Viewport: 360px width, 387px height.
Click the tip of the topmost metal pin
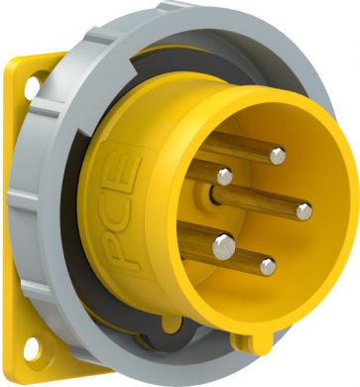(278, 156)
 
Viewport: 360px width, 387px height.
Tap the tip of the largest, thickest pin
(224, 246)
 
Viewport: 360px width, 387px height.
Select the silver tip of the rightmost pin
(304, 211)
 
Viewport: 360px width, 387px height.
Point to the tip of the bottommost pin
(268, 267)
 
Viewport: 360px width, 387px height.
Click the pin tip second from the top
(225, 177)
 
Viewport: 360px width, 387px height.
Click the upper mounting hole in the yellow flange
(32, 87)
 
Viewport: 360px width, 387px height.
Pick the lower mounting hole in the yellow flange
(32, 349)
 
